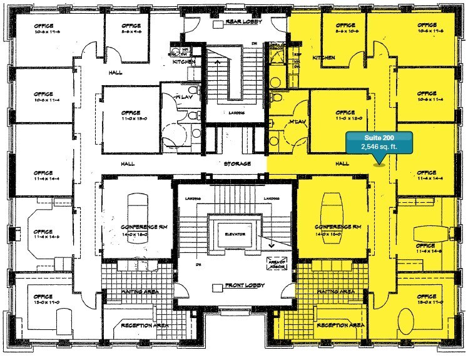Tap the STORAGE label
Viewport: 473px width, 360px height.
(237, 164)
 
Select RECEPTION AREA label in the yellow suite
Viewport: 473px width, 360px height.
(340, 326)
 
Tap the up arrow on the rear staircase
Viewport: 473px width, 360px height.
(218, 63)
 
